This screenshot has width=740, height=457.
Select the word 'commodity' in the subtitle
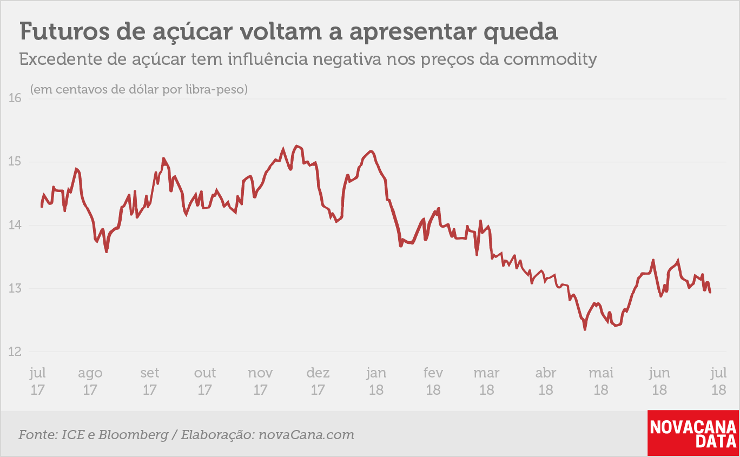pos(550,60)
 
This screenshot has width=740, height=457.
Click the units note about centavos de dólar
pos(139,89)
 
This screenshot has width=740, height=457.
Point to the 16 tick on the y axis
pos(15,98)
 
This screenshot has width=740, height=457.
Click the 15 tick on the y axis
pos(15,162)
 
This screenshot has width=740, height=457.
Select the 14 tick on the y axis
pos(15,225)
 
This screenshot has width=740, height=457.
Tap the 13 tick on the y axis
pos(15,288)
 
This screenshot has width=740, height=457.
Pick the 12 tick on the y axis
pos(15,352)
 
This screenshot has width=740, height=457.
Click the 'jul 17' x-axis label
pos(38,381)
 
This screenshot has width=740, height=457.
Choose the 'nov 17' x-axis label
pos(260,381)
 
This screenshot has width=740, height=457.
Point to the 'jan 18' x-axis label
pos(376,381)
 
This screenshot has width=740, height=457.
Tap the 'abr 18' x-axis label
pos(546,381)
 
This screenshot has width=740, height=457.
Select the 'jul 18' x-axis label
pos(719,381)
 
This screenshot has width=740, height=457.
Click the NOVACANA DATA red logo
pos(693,433)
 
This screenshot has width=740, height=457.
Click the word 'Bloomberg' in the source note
pos(134,435)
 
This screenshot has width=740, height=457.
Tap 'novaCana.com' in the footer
pos(306,434)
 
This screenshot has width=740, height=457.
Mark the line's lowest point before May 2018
pos(585,329)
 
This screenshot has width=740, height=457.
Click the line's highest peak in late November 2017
pos(296,146)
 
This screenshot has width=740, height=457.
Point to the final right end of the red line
pos(710,292)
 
